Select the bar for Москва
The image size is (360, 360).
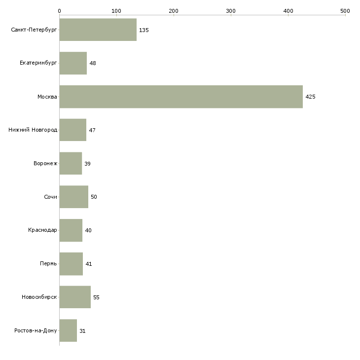[x=181, y=97]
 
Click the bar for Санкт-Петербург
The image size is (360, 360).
[x=98, y=30]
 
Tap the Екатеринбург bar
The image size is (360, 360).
[x=73, y=63]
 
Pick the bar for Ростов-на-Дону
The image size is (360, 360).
[x=68, y=330]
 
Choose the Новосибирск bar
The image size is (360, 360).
[x=75, y=297]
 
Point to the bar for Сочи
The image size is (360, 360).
[x=73, y=197]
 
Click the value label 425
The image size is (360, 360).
[x=310, y=97]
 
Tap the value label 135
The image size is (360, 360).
[x=144, y=30]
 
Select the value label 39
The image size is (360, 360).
[x=87, y=164]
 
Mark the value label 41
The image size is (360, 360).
[x=89, y=264]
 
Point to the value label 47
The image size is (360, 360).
[x=92, y=130]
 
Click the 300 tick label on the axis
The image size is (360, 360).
[x=231, y=11]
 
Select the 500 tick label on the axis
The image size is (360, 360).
[x=345, y=11]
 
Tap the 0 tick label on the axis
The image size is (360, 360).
[x=60, y=11]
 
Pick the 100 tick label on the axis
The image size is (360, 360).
[x=116, y=11]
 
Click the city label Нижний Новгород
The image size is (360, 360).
[x=33, y=130]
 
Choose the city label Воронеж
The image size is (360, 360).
[x=45, y=163]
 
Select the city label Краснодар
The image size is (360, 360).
[x=42, y=230]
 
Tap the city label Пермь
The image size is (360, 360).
[x=48, y=263]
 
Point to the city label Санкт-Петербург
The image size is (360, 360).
[x=34, y=30]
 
